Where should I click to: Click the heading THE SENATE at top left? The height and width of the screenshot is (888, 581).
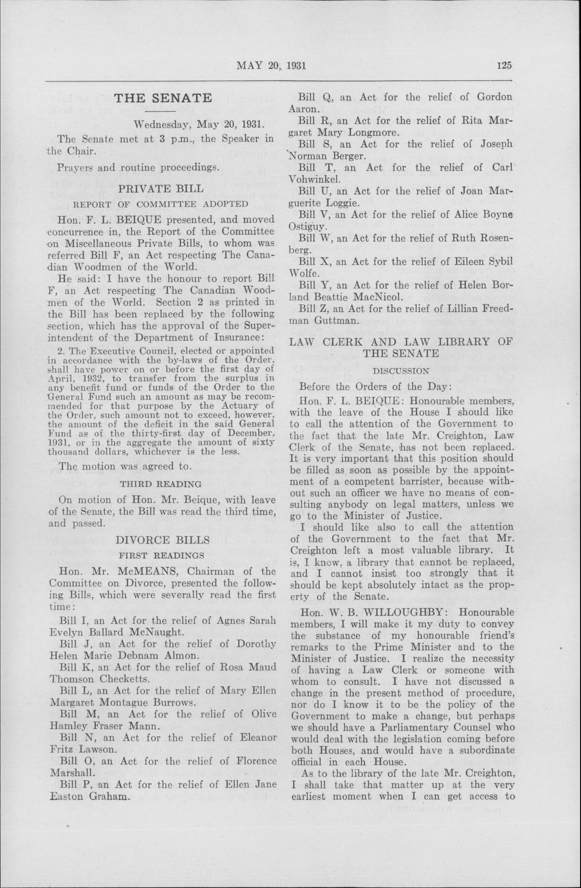click(x=163, y=98)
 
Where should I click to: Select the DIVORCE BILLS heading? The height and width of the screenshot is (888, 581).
click(x=162, y=540)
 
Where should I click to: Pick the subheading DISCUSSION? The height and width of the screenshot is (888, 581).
click(x=401, y=371)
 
